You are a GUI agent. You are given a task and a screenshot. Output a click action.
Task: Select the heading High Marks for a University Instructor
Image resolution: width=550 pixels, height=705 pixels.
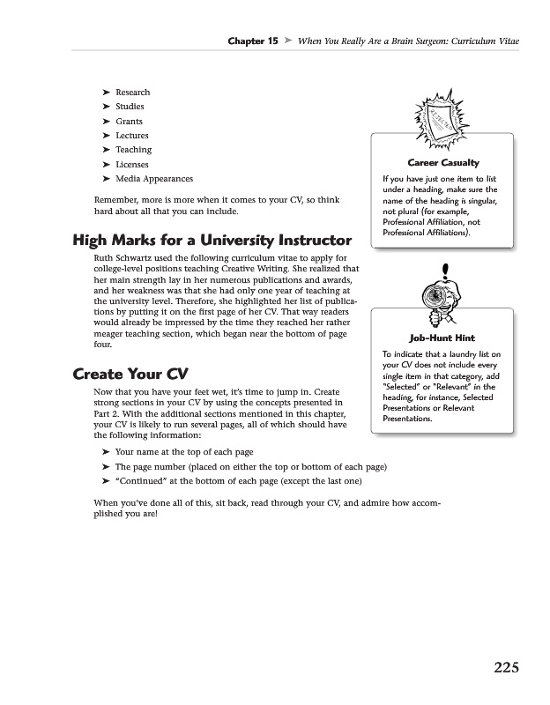tap(211, 240)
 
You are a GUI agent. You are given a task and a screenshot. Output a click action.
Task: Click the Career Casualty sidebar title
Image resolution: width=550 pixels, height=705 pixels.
tap(442, 163)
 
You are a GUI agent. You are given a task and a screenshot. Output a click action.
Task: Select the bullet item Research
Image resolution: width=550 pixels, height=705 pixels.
tap(132, 93)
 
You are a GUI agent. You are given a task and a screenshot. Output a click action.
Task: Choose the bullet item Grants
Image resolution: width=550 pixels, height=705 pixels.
tap(129, 122)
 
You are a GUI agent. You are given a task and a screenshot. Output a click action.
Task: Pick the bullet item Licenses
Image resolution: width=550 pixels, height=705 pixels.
tap(132, 165)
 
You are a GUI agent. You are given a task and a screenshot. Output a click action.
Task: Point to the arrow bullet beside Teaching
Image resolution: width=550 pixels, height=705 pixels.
tap(106, 150)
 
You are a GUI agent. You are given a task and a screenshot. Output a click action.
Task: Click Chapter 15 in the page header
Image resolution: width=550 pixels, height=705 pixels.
tap(253, 41)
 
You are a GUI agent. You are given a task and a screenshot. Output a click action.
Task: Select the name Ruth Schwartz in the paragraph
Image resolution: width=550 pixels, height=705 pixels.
tap(126, 257)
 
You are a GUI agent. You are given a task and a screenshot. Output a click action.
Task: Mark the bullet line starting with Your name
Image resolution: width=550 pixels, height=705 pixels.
tap(184, 452)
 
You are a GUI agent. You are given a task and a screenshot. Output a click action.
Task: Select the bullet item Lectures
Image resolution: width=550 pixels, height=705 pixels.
tap(132, 136)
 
